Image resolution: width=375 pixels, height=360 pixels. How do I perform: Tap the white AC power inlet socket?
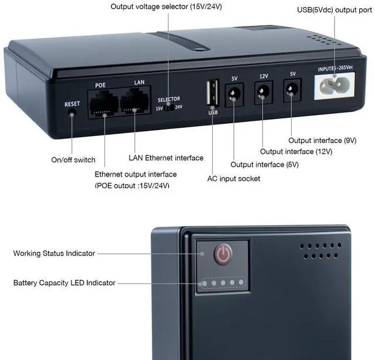coord(335,88)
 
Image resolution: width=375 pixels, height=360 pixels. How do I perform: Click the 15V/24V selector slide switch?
coord(169,107)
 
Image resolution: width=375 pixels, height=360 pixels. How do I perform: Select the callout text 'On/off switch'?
coord(73,160)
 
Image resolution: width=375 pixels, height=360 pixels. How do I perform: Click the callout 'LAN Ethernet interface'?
coord(166,158)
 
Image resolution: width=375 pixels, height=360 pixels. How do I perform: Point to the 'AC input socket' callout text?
coord(234,178)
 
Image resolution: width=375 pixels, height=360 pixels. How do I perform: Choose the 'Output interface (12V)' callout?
coord(296,151)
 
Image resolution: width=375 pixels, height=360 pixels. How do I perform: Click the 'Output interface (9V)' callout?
coord(322,140)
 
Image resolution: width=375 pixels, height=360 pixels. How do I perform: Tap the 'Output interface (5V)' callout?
coord(264,165)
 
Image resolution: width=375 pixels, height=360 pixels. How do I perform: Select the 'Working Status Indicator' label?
coord(54,253)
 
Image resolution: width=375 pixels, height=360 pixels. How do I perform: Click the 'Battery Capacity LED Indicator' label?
coord(64,283)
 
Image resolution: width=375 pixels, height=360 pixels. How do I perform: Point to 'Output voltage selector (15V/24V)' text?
coord(167,6)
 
